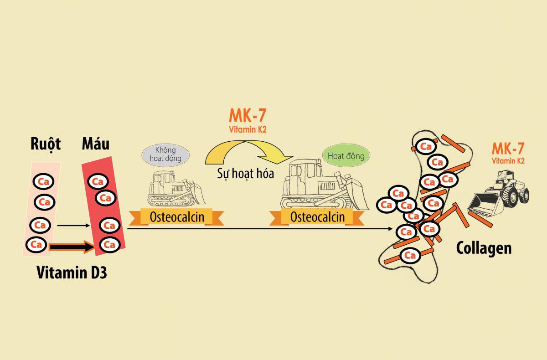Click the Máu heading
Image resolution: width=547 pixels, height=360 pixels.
95,144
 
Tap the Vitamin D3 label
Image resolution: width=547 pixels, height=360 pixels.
72,273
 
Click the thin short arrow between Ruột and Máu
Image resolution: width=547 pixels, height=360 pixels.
75,225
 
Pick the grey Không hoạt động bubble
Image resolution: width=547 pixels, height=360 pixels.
165,154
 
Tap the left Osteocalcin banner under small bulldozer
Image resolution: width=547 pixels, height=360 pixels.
176,217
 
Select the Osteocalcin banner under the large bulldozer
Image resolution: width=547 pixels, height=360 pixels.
317,217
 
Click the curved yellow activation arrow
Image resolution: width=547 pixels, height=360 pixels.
248,150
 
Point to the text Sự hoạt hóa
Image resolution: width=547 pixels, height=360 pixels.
245,173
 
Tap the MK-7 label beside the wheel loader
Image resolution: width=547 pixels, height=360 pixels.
508,149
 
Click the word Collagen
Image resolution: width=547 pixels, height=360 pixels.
484,248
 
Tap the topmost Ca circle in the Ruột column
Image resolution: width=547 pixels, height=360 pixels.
44,181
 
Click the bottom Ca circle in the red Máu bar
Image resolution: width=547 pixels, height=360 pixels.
109,245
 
